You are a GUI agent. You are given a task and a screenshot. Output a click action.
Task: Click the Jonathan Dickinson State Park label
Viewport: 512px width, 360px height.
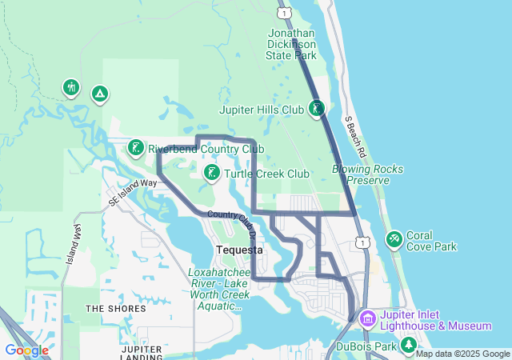[291, 45]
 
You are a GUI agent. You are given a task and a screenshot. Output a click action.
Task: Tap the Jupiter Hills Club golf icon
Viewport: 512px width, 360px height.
[317, 108]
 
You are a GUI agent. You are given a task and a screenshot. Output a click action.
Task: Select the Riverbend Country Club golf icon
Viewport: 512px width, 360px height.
[135, 148]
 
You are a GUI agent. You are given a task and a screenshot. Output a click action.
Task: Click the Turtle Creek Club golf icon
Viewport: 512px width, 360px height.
[211, 173]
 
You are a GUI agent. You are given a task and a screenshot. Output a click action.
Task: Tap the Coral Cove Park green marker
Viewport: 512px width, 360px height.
[394, 239]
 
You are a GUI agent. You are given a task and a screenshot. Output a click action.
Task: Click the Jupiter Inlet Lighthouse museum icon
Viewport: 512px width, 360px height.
[367, 318]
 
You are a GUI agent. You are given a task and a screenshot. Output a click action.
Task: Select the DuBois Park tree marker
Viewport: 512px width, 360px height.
[409, 345]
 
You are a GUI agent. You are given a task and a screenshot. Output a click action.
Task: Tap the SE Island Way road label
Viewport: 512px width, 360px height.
[134, 193]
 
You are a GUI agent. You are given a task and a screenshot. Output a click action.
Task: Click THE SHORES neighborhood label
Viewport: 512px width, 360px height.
[115, 308]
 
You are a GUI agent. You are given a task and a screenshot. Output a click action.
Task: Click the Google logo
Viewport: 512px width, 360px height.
[26, 350]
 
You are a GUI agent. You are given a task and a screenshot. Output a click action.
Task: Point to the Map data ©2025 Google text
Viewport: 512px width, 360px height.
[462, 354]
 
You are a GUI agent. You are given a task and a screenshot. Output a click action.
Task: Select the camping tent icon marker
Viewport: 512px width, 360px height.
[99, 94]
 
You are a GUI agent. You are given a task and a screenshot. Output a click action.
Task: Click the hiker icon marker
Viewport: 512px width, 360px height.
[71, 87]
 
